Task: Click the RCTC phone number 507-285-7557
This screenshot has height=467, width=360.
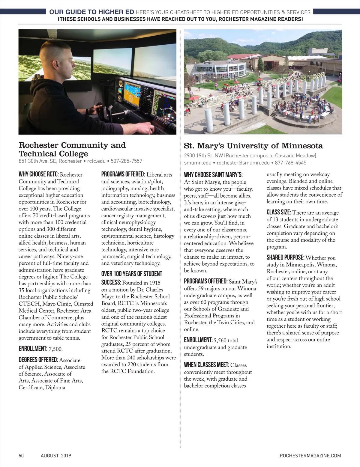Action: pos(126,161)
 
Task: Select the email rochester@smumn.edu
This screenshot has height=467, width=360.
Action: pos(243,163)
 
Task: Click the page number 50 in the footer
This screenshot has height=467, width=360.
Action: pos(21,456)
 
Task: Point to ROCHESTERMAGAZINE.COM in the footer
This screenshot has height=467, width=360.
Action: pos(310,456)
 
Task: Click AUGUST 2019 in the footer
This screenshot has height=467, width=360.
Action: pos(56,456)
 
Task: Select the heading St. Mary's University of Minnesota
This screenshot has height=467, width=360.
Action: pos(253,146)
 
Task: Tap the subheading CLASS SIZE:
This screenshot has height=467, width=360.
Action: pos(279,213)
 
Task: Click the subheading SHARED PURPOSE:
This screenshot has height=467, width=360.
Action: pos(285,257)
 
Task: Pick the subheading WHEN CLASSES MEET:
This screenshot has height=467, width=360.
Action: pos(206,365)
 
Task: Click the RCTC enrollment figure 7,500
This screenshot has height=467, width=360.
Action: pos(55,349)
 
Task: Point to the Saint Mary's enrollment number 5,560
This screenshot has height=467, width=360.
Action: pos(220,341)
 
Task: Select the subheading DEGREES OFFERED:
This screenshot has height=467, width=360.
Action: pos(38,360)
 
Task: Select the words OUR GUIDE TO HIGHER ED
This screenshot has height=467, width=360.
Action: pos(91,12)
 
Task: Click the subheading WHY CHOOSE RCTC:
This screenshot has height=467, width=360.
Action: pos(39,174)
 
